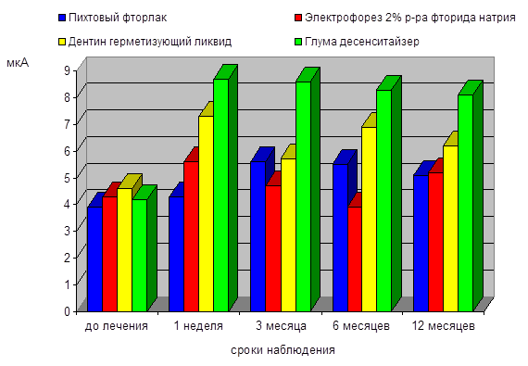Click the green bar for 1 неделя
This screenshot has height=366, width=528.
coord(221,196)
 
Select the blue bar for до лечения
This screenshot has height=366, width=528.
coord(95,259)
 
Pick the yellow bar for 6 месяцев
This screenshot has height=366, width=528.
coord(369,220)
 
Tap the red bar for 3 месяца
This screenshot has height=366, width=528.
coord(273,248)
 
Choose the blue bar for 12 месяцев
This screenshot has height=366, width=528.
coord(421,244)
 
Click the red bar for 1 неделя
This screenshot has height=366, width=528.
coord(191,236)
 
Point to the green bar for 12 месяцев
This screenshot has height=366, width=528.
coord(466,203)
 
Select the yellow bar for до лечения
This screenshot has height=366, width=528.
coord(125,250)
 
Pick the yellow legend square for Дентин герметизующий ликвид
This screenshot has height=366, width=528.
coord(62,42)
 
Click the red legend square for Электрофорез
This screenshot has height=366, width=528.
coord(298,18)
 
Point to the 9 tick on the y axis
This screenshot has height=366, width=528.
coord(67,70)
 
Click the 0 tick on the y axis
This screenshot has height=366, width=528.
coord(67,311)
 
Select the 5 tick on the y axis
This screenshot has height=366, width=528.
coord(67,178)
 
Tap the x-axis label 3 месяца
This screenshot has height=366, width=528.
coord(281,326)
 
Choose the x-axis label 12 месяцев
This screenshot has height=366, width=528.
coord(444,326)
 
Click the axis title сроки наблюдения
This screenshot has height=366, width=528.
coord(283,350)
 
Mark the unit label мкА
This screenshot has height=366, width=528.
coord(18,63)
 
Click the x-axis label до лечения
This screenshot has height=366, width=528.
coord(117,326)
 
